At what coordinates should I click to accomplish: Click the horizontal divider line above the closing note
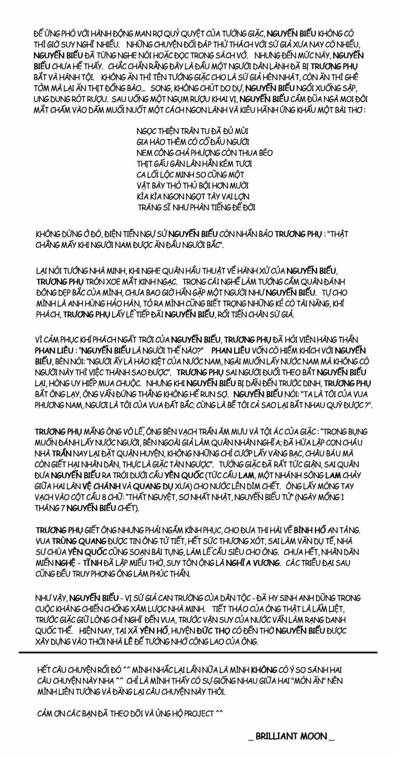(x=198, y=652)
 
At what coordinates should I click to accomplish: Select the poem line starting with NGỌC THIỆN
(x=192, y=131)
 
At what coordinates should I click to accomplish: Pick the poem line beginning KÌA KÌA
(x=193, y=196)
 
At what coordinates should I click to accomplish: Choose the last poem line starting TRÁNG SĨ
(x=197, y=207)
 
